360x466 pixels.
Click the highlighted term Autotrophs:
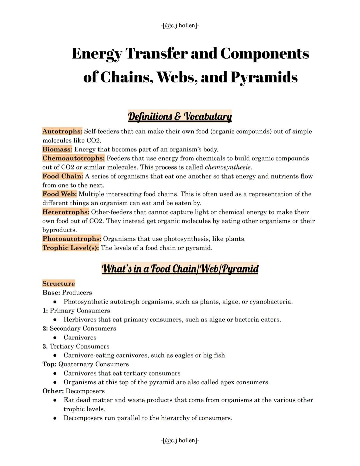click(62, 131)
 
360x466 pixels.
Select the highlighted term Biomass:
click(57, 149)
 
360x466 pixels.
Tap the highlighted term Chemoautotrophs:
click(73, 158)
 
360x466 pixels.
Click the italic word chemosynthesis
click(228, 167)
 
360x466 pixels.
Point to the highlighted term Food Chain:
click(62, 176)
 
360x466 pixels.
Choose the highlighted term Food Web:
click(59, 194)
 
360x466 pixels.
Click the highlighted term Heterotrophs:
click(66, 212)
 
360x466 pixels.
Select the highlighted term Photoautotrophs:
click(72, 239)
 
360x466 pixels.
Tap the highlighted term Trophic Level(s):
click(70, 248)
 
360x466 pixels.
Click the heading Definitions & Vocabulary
click(180, 116)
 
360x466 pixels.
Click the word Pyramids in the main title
click(264, 77)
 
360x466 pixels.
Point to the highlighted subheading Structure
click(58, 284)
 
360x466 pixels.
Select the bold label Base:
click(51, 293)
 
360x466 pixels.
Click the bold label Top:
click(49, 364)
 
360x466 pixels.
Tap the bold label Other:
click(53, 391)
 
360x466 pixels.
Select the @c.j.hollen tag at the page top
click(180, 25)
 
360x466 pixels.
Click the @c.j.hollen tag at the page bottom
click(180, 440)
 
